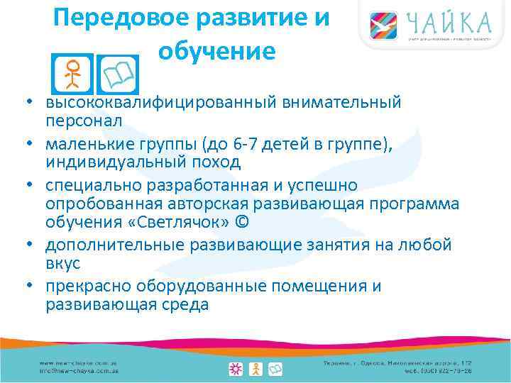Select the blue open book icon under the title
tap(118, 72)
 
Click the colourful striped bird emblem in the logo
tap(383, 26)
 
